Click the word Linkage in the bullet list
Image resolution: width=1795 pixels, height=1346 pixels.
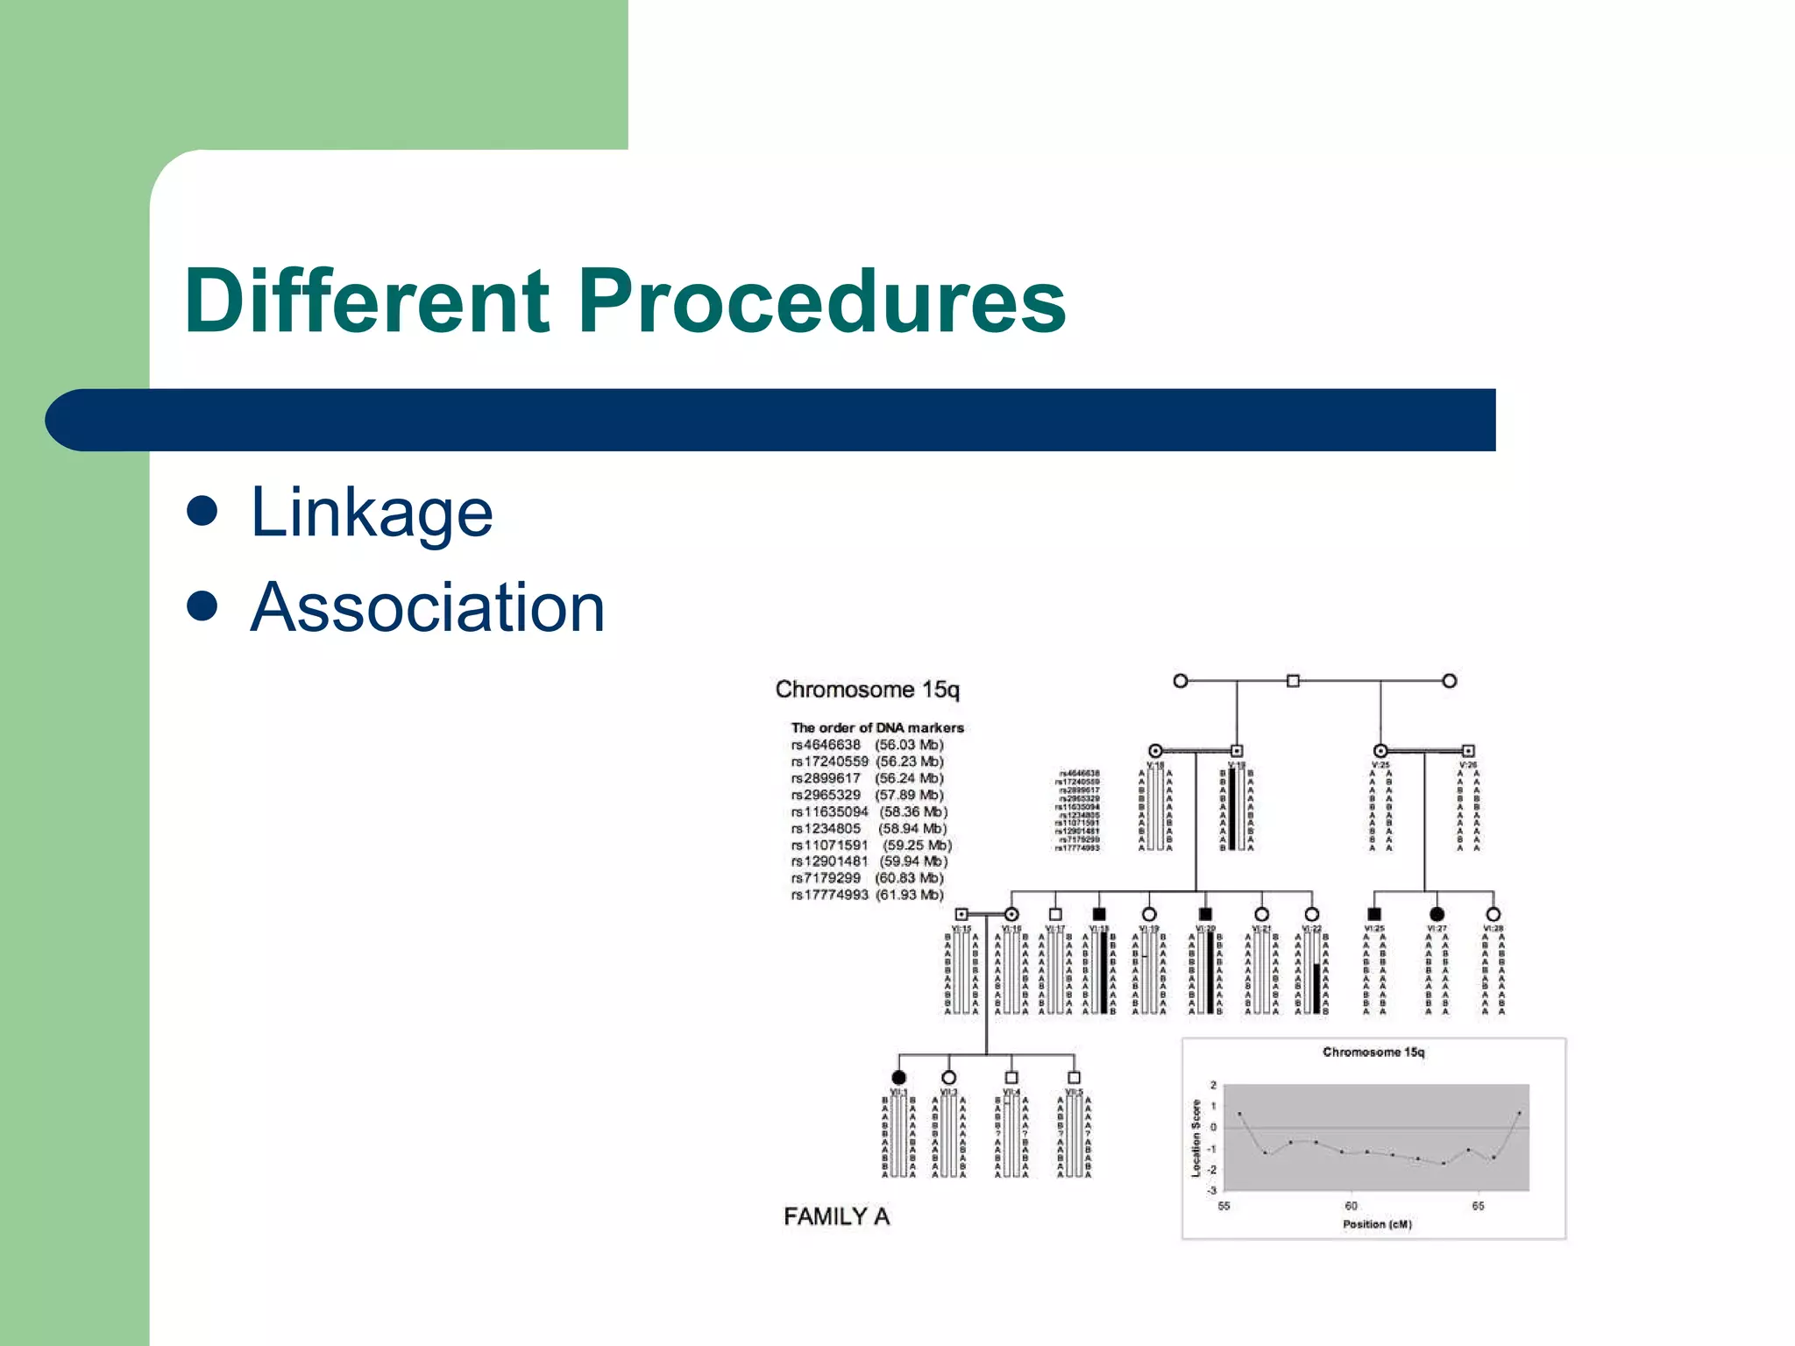click(x=372, y=513)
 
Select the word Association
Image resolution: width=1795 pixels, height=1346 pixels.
click(x=428, y=607)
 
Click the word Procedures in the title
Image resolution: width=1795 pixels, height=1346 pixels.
click(x=821, y=301)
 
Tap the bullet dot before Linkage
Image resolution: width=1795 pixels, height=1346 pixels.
click(x=202, y=511)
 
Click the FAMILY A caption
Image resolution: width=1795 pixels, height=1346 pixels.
click(x=836, y=1216)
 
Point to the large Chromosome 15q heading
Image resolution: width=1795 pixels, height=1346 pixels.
click(x=867, y=690)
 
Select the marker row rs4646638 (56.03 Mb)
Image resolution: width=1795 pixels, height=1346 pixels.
click(x=867, y=745)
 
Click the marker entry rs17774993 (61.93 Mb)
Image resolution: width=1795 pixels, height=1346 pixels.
click(x=867, y=895)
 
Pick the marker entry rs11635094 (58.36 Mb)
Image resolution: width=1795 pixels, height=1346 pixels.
click(x=869, y=811)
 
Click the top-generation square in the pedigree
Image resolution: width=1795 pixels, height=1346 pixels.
click(x=1293, y=681)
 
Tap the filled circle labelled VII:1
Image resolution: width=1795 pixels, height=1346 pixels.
click(x=898, y=1077)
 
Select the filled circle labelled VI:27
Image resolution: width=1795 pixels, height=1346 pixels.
click(x=1437, y=914)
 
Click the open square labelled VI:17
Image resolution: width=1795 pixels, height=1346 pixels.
click(x=1055, y=914)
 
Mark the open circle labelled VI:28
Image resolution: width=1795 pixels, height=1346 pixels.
click(x=1493, y=914)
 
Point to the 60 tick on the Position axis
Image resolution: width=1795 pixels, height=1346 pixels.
click(x=1352, y=1206)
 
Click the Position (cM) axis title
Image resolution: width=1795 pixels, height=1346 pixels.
click(x=1377, y=1224)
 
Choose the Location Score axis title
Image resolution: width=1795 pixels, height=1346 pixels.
click(x=1195, y=1138)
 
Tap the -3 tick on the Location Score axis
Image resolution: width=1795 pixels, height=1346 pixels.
click(x=1212, y=1190)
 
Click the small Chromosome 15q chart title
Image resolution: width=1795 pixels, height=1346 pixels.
click(x=1373, y=1052)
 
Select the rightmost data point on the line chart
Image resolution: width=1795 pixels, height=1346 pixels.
click(x=1519, y=1113)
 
